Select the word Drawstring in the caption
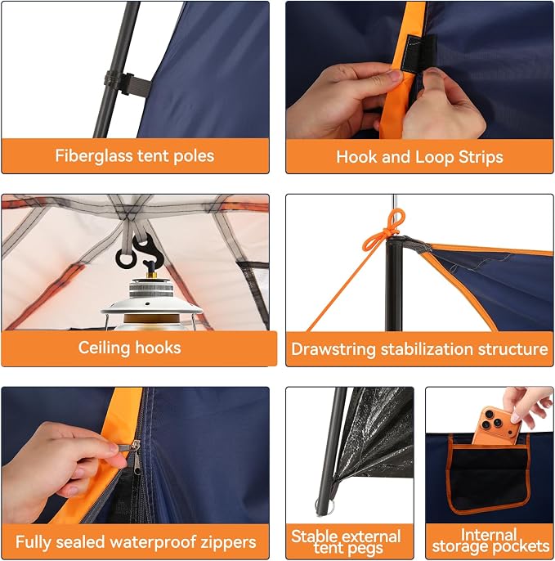click(x=333, y=349)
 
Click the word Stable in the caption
click(x=311, y=536)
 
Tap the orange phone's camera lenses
click(x=492, y=420)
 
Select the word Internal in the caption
click(x=489, y=535)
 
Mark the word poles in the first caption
click(x=194, y=157)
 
